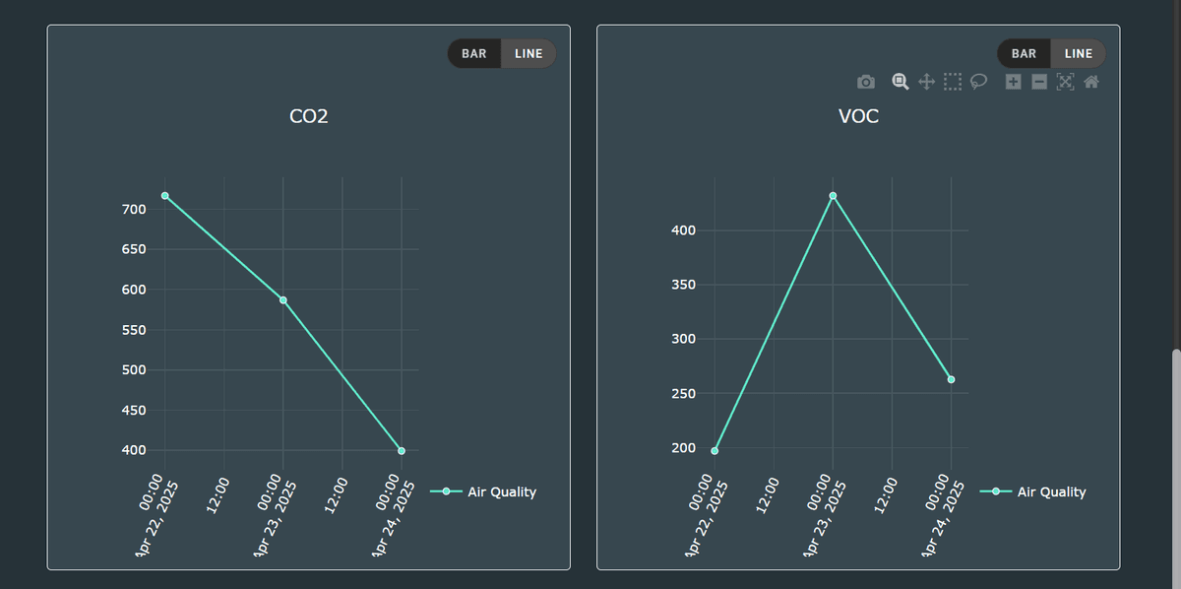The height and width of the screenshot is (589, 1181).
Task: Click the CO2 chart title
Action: pos(308,116)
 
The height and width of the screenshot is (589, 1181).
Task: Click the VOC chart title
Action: pos(858,116)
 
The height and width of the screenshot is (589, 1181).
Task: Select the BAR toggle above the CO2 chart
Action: pos(474,53)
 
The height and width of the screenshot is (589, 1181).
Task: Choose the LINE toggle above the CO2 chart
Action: pos(528,53)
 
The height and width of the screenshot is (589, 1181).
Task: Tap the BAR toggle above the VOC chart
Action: pos(1024,53)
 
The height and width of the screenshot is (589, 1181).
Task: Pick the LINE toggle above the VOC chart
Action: pos(1079,53)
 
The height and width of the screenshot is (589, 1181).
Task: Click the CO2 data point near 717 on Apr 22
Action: pos(165,195)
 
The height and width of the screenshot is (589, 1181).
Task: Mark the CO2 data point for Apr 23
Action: pos(283,300)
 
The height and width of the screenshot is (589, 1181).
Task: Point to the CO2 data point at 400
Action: pos(402,451)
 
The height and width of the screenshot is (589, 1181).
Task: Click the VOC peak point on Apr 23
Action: pos(834,196)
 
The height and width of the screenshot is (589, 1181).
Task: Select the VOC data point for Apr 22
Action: pos(715,451)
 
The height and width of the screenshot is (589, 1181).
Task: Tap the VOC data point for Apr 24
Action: pos(952,379)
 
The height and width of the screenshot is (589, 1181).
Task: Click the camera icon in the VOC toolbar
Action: pos(866,82)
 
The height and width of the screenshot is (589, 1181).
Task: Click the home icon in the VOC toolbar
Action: pos(1090,82)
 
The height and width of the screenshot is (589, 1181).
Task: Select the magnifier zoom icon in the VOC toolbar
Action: pos(900,82)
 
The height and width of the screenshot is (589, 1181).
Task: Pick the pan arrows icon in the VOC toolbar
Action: pos(926,82)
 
